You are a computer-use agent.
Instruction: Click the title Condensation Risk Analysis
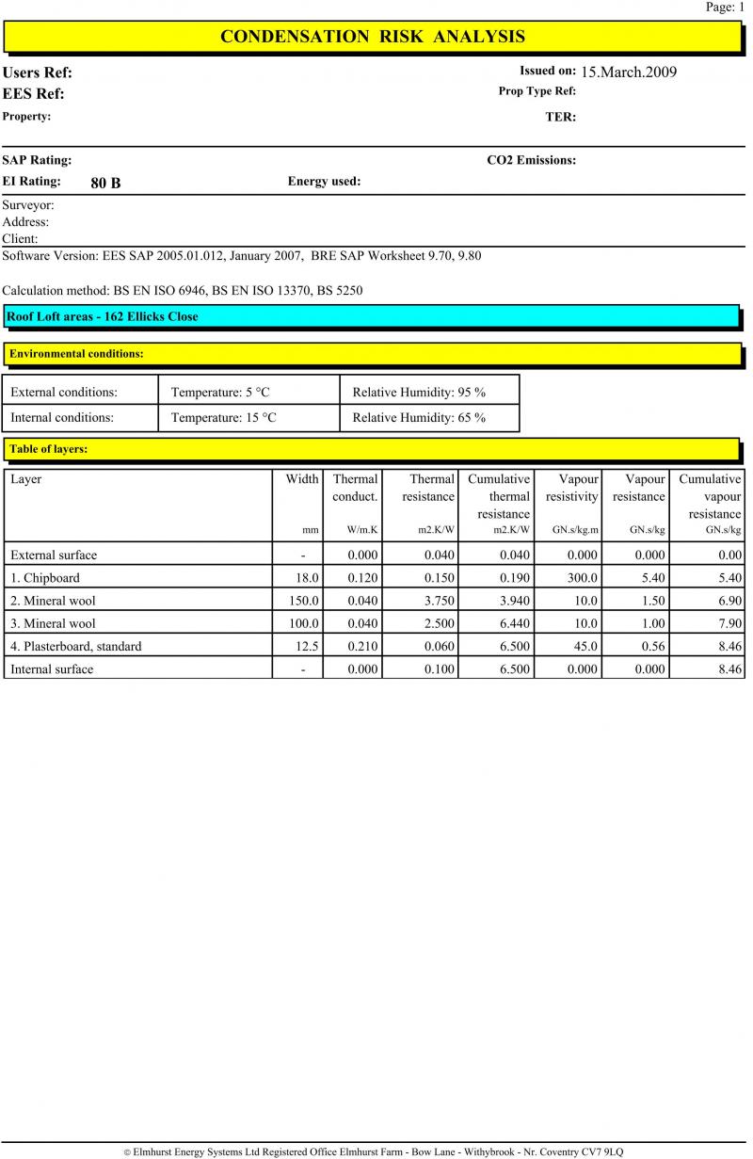[x=372, y=37]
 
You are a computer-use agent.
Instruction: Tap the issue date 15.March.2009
[x=629, y=72]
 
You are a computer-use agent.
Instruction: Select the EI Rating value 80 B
[x=105, y=183]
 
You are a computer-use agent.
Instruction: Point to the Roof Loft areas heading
[x=103, y=316]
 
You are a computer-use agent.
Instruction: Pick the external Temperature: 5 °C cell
[x=220, y=393]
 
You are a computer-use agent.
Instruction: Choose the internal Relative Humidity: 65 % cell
[x=419, y=417]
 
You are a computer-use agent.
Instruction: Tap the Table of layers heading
[x=48, y=449]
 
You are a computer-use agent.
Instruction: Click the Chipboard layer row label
[x=45, y=578]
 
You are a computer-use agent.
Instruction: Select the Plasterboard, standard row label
[x=76, y=646]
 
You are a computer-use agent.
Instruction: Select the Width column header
[x=302, y=479]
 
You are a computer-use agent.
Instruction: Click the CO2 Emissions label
[x=531, y=160]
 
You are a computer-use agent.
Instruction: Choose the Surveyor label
[x=28, y=204]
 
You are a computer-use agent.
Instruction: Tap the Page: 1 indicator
[x=725, y=7]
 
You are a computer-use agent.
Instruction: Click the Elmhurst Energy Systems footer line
[x=374, y=1151]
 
